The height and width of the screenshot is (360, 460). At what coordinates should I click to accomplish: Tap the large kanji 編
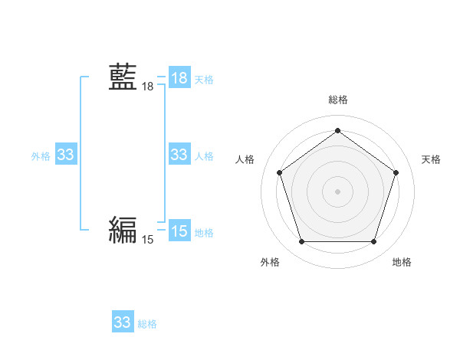coord(123,229)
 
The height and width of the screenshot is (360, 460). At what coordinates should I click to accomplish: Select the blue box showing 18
coord(179,78)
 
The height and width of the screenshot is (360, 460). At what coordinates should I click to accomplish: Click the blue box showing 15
coord(179,231)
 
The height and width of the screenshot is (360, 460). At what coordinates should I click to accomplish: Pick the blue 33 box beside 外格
coord(66,155)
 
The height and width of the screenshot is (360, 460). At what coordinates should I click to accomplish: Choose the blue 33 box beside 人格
coord(179,155)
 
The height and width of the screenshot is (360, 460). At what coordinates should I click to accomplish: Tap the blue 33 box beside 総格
coord(123,322)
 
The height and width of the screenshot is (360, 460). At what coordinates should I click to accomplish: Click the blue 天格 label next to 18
coord(204,80)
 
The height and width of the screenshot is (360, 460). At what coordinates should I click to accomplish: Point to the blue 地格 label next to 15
coord(204,233)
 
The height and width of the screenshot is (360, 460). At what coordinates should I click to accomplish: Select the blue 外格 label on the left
coord(41,156)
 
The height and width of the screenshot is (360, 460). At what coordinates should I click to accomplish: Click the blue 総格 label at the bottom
coord(147,324)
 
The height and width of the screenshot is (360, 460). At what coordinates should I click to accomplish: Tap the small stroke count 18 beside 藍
coord(147,87)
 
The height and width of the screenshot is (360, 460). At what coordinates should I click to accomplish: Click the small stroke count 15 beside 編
coord(147,240)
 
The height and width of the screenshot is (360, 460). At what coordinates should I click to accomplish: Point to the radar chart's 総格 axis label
coord(337,100)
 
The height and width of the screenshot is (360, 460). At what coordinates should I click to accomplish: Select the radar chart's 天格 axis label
coord(431,159)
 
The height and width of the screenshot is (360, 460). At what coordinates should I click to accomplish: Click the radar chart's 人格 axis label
coord(245,159)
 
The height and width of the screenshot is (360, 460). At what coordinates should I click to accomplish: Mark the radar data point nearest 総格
coord(337,131)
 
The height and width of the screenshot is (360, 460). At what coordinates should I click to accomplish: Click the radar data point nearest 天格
coord(396,172)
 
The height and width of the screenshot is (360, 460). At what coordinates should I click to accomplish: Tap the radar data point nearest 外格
coord(301,242)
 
